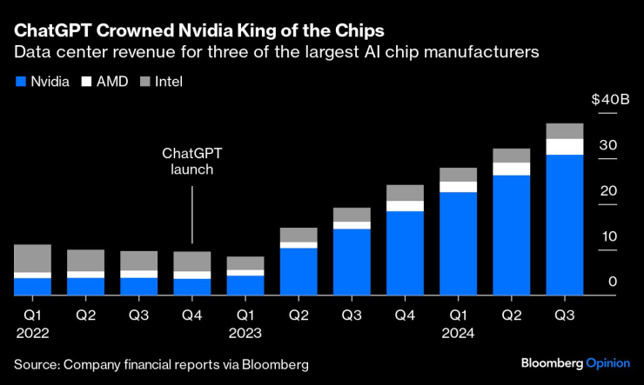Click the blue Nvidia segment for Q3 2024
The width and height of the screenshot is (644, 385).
pyautogui.click(x=564, y=225)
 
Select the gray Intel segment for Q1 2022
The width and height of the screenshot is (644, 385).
pyautogui.click(x=32, y=258)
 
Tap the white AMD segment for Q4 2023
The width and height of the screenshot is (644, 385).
pyautogui.click(x=405, y=206)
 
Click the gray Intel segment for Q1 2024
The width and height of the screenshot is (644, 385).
pyautogui.click(x=458, y=175)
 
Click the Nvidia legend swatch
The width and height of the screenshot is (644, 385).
pyautogui.click(x=20, y=82)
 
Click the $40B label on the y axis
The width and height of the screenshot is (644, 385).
pyautogui.click(x=610, y=100)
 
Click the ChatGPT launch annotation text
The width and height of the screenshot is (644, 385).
pyautogui.click(x=191, y=161)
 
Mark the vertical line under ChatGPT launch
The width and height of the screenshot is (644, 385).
pyautogui.click(x=191, y=214)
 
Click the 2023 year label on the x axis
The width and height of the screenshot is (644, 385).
pyautogui.click(x=245, y=331)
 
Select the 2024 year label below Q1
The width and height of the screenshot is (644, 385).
pyautogui.click(x=458, y=331)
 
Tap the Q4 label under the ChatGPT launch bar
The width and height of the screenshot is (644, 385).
pyautogui.click(x=191, y=314)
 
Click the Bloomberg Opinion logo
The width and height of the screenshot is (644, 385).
pyautogui.click(x=574, y=362)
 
